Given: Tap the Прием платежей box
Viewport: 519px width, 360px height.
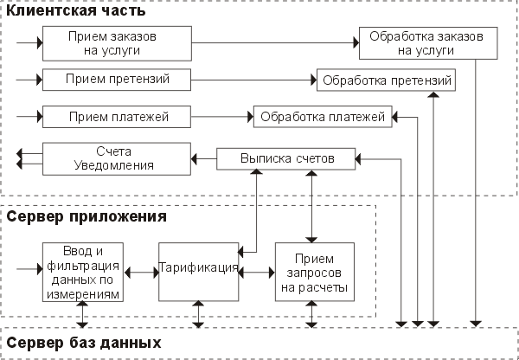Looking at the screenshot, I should tap(116, 115).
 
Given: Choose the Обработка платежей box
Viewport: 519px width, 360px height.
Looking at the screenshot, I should tap(322, 115).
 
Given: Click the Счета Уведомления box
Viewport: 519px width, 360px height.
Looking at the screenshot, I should tap(116, 158).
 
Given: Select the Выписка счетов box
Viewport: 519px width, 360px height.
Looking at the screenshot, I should tap(285, 158).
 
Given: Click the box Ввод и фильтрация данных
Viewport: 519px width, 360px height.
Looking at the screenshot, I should tap(84, 270).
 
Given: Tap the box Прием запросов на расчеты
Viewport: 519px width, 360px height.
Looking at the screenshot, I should tap(313, 270).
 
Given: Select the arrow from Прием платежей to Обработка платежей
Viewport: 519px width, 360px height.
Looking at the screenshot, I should tap(221, 115).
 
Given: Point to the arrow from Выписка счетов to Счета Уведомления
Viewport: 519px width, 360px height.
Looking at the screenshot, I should tap(202, 158).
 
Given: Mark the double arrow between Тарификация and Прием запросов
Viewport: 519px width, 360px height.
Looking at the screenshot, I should tap(257, 271).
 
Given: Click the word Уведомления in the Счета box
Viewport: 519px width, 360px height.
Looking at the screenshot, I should tap(116, 164).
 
